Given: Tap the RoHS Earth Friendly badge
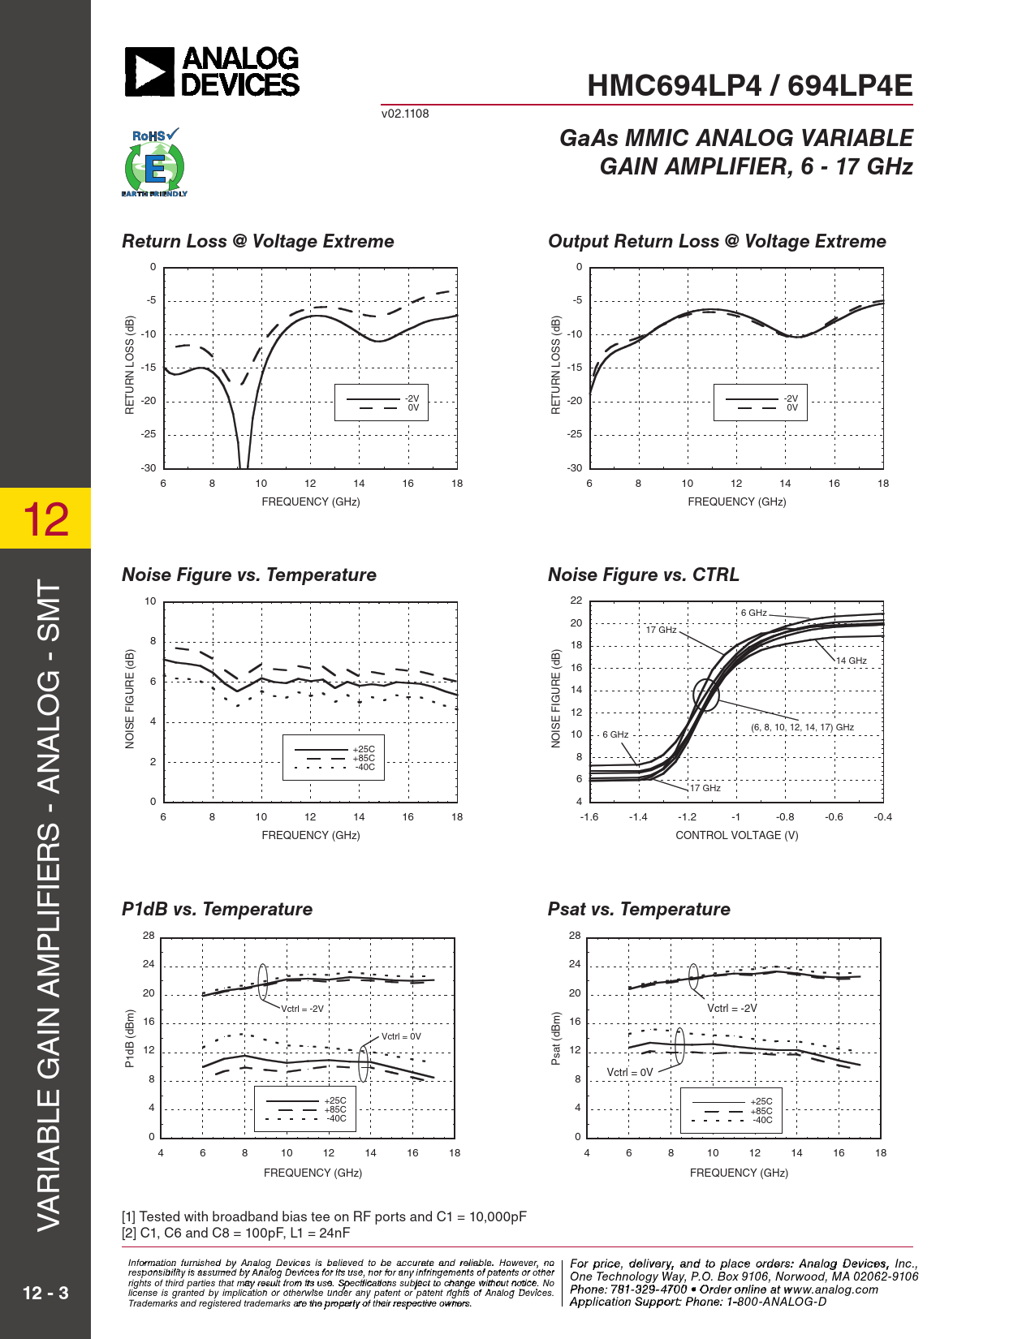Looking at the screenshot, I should [x=154, y=163].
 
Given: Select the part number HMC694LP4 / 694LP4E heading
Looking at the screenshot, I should [x=749, y=86].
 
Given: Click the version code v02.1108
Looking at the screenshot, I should [x=405, y=114].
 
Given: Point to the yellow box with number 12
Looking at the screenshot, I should [x=45, y=519].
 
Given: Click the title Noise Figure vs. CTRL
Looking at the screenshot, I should [x=643, y=575].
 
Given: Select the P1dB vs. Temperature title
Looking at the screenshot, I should [x=217, y=909].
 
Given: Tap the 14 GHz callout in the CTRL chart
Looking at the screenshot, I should [x=852, y=661].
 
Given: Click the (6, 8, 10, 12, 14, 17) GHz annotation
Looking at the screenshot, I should [x=802, y=727].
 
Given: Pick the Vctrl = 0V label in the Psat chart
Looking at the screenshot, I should [x=630, y=1072].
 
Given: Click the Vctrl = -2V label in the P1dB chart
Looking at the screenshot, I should [x=302, y=1009].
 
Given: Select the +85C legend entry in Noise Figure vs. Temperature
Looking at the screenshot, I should [x=364, y=758].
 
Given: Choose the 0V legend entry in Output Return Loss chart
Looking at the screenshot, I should [x=792, y=407].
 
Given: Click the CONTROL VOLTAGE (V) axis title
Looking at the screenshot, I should [x=736, y=835].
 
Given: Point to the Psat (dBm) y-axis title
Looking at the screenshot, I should [x=556, y=1038].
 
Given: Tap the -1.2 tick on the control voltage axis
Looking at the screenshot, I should [x=687, y=817].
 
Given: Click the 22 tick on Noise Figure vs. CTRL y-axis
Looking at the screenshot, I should [x=576, y=601].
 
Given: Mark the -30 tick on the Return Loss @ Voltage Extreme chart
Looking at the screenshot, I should [x=149, y=468].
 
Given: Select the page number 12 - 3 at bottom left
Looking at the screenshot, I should [x=45, y=1293].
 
